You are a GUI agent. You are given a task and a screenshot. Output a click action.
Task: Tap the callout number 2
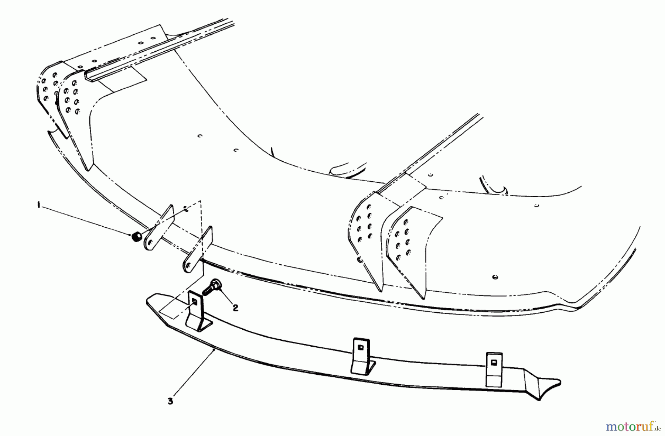[235, 308]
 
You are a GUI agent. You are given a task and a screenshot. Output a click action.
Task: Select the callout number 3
[170, 401]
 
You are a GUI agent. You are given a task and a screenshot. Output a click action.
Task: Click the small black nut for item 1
[136, 237]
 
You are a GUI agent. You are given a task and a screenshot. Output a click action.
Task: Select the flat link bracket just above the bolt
[198, 251]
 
